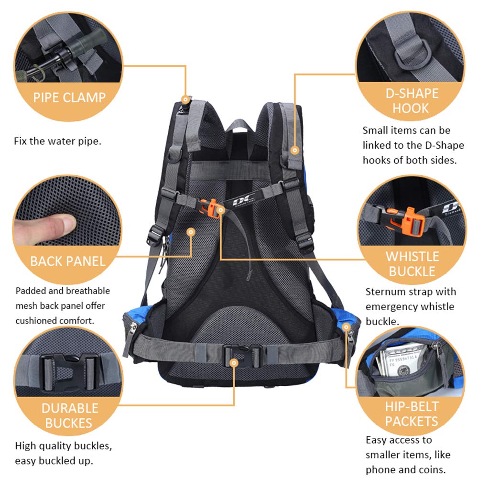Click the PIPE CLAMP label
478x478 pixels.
(69, 98)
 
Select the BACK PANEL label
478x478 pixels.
(68, 261)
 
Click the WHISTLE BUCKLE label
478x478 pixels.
(412, 264)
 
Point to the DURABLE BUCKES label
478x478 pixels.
(69, 415)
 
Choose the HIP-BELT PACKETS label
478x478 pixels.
(412, 414)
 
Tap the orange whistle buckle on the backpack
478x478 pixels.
(209, 208)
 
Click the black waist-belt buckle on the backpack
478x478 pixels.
(242, 355)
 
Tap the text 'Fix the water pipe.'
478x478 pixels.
(57, 141)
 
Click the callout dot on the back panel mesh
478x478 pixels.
(191, 232)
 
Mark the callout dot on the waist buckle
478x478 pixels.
(234, 363)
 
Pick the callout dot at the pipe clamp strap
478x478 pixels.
(185, 99)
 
